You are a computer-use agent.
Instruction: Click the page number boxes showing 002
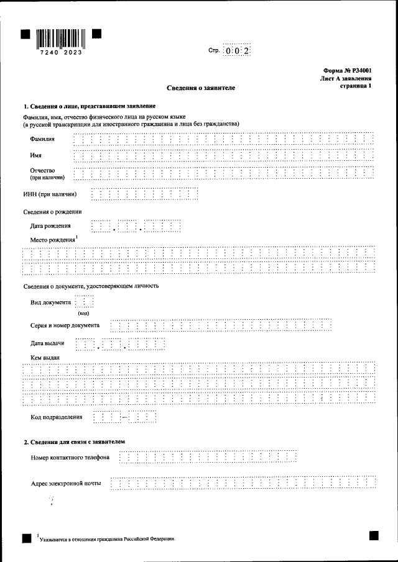[x=237, y=52]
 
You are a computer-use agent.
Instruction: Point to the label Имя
[x=36, y=155]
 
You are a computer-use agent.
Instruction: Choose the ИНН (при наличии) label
[x=50, y=194]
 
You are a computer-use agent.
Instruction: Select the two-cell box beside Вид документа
[x=84, y=302]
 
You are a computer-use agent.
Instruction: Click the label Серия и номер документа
[x=65, y=325]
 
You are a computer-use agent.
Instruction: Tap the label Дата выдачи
[x=48, y=343]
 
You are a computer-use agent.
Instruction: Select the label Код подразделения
[x=57, y=417]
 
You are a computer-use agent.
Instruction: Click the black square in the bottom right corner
[x=373, y=536]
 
